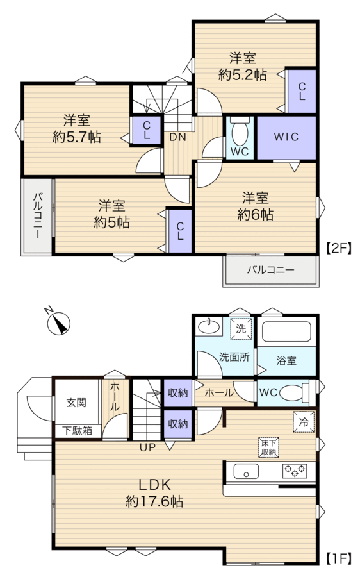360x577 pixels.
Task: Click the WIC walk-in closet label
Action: pos(286,137)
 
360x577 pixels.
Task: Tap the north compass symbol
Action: pos(58,323)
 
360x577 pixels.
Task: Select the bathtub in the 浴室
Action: pos(286,332)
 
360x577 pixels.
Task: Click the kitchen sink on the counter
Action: pos(246,471)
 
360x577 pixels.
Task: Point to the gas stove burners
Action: pos(295,471)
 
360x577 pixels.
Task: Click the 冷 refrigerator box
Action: pos(304,422)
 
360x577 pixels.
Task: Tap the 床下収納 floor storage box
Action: pos(269,447)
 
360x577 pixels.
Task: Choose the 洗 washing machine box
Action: pos(241,328)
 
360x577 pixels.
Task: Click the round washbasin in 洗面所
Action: pos(208,326)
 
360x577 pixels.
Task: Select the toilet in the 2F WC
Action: pos(240,131)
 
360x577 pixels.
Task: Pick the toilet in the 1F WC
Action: pos(295,392)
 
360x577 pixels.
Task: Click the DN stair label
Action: pos(177,137)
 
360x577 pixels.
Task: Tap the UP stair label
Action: pos(147,447)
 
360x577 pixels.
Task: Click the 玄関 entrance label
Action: pos(76,403)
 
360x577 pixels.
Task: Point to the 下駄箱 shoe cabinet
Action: pos(77,431)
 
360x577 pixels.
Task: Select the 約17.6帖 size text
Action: pos(154,501)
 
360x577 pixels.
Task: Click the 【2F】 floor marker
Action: pos(339,248)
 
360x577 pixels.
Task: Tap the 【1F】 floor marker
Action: pos(339,559)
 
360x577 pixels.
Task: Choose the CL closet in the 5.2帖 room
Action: pos(302,91)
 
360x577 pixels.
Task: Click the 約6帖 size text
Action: pos(255,214)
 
